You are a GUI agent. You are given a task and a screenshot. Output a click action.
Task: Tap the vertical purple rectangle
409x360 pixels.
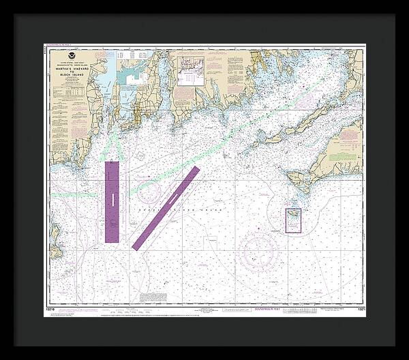pos(112,202)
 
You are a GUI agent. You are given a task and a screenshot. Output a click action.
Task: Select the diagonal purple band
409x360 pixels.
pos(166,207)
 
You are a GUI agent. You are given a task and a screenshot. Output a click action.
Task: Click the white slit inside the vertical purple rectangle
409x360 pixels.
pos(112,198)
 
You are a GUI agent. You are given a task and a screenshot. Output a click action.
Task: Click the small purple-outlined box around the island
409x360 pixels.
pos(293,220)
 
